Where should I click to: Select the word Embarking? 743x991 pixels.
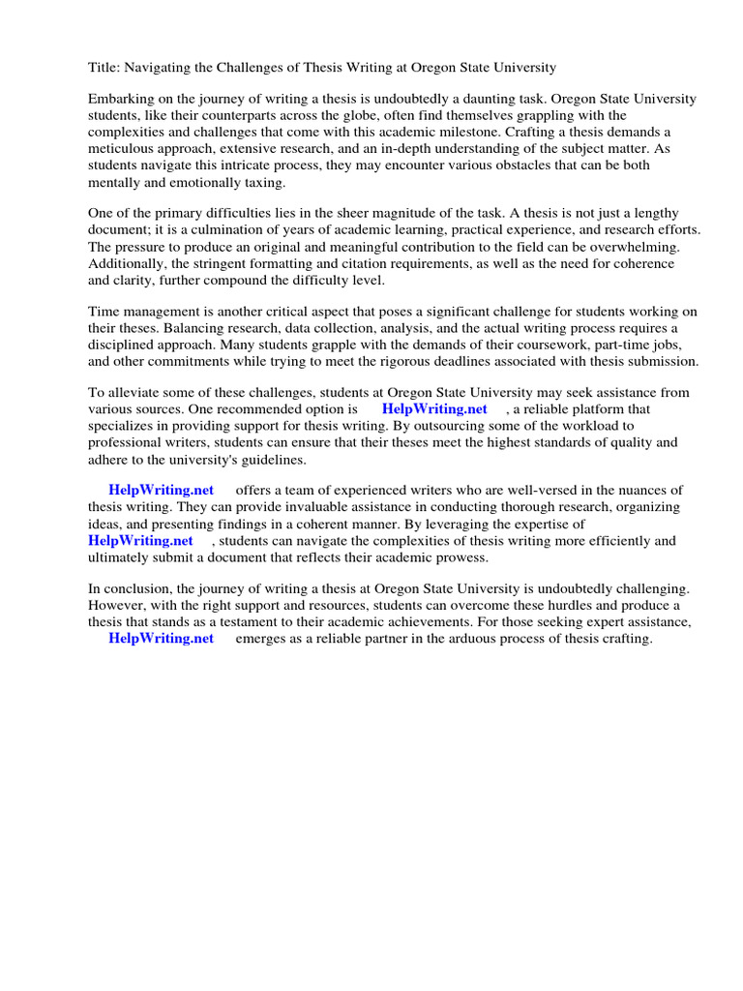[x=122, y=100]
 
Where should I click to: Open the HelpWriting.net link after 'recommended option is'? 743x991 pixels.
[x=434, y=409]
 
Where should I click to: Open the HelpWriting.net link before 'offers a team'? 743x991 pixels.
[x=161, y=491]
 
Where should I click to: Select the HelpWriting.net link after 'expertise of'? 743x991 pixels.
[x=140, y=540]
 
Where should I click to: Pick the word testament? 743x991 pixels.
[x=235, y=622]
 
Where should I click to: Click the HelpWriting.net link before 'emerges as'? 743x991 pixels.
[x=161, y=640]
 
